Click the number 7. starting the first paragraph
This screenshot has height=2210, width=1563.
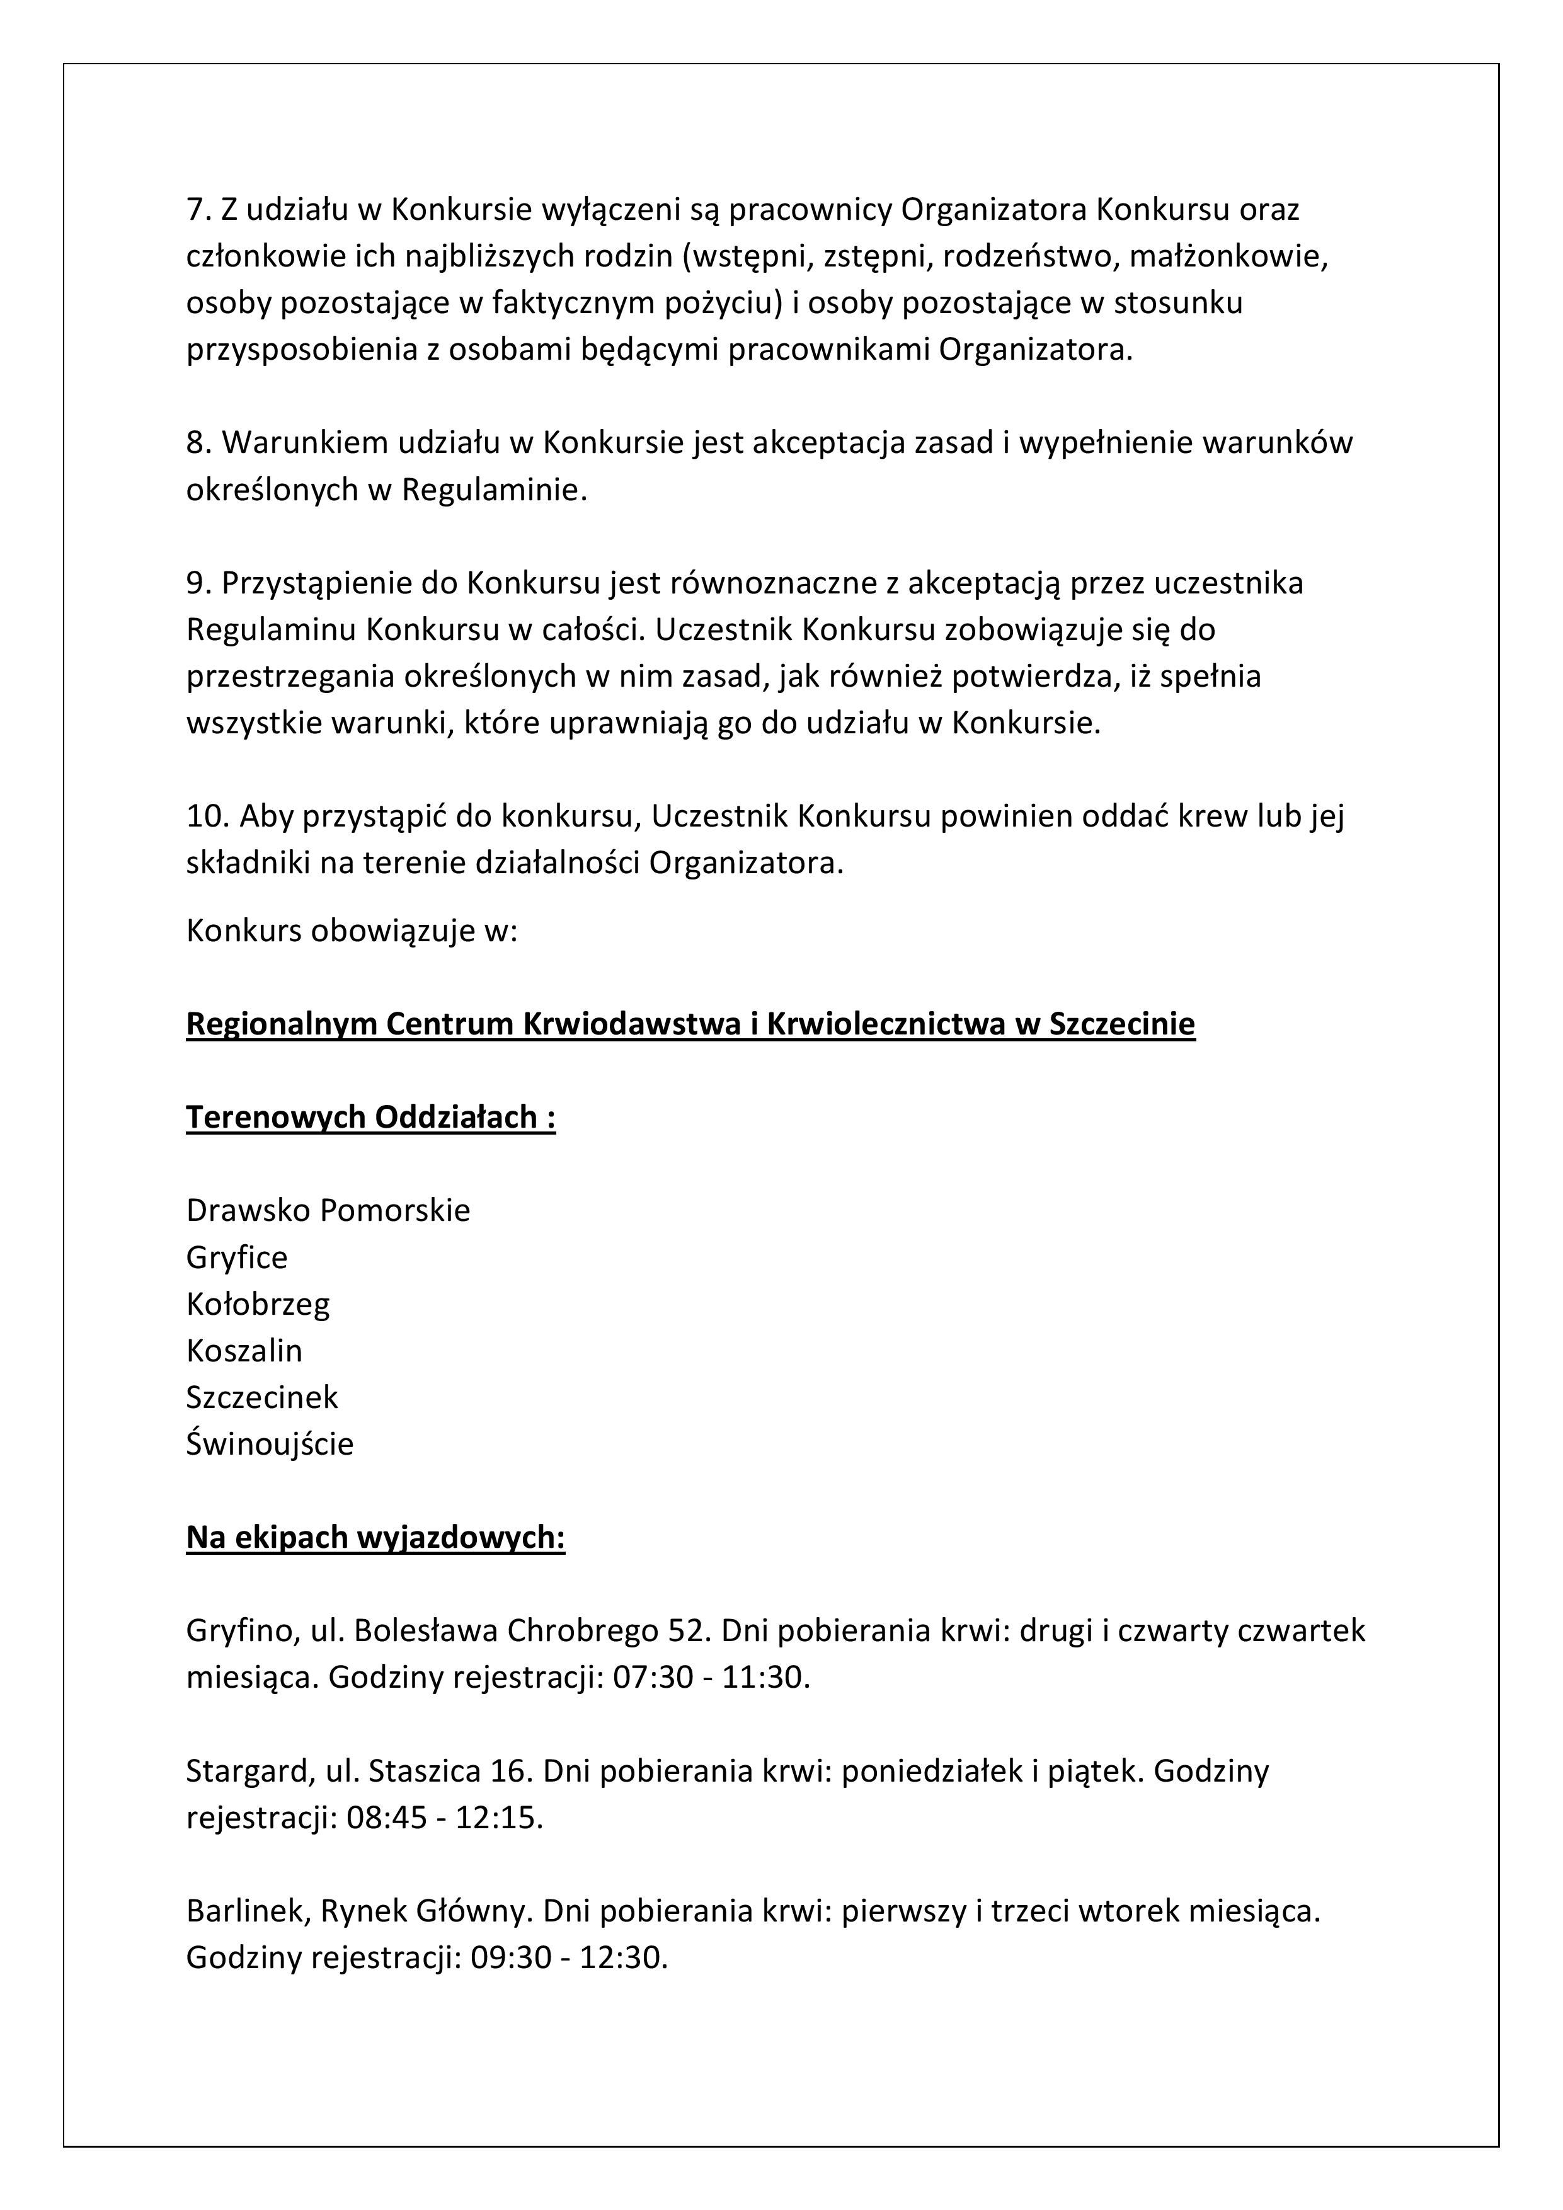tap(199, 209)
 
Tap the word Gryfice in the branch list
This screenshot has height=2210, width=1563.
tap(237, 1257)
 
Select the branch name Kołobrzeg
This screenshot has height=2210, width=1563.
tap(258, 1304)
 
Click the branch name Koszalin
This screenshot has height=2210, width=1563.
tap(244, 1351)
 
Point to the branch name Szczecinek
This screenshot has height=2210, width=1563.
tap(262, 1397)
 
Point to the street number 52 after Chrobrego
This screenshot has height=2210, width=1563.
tap(685, 1630)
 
